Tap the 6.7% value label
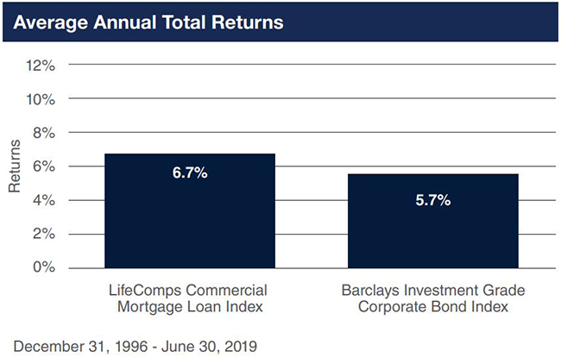[x=190, y=173]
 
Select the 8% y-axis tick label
[x=42, y=132]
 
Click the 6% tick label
[x=42, y=166]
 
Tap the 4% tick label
[x=42, y=200]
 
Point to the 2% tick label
[x=42, y=234]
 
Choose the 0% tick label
[x=42, y=267]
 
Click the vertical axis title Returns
[x=15, y=166]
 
